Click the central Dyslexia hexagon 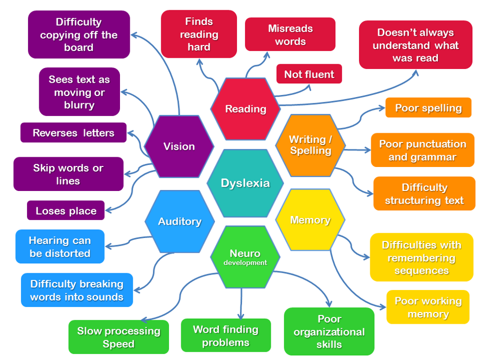245,183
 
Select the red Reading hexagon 246,109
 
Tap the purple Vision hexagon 179,147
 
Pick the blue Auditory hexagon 179,221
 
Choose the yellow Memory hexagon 310,220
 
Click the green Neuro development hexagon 245,257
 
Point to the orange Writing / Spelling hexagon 310,145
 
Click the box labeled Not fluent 309,74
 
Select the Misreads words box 290,35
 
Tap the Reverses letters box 74,133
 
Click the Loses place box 66,210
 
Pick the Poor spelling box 428,108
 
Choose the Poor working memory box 427,307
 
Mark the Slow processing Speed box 118,337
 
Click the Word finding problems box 226,335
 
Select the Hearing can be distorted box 60,247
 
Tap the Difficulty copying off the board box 79,35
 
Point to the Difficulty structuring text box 424,194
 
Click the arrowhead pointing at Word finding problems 241,317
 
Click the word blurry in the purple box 79,105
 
